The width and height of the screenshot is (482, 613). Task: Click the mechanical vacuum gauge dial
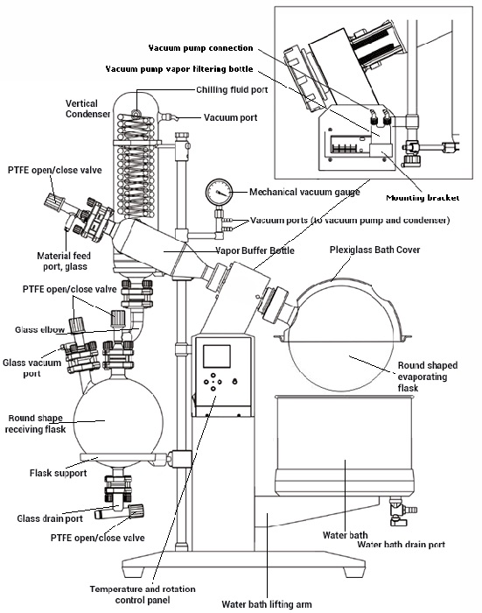tap(220, 191)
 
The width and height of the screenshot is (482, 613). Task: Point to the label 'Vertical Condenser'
tap(87, 109)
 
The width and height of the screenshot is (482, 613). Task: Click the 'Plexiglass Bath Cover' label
tap(375, 250)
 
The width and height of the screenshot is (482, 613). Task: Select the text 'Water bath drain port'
tap(402, 544)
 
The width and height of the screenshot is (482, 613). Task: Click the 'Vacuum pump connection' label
tap(200, 47)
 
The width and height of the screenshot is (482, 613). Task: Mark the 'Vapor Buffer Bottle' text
tap(256, 250)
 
